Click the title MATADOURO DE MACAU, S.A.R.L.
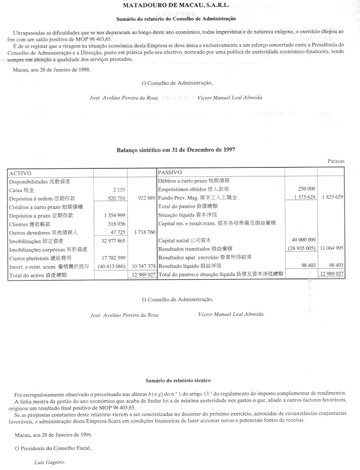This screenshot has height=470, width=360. pyautogui.click(x=175, y=7)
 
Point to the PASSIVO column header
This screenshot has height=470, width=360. pyautogui.click(x=170, y=173)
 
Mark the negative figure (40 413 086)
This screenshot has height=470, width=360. pyautogui.click(x=111, y=267)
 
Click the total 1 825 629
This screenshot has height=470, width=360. pyautogui.click(x=332, y=197)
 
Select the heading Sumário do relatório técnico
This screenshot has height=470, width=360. pyautogui.click(x=178, y=380)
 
